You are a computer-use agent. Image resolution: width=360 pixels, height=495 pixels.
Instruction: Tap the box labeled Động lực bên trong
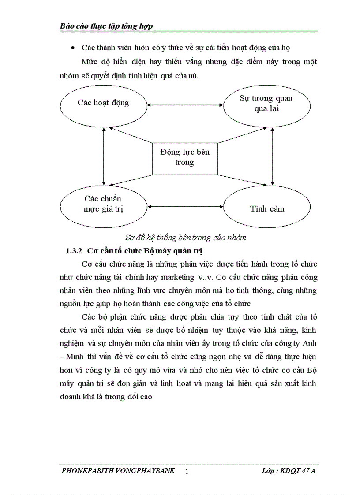(x=185, y=158)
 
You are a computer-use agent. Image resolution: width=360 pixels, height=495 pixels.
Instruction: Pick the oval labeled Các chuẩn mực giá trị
(x=103, y=206)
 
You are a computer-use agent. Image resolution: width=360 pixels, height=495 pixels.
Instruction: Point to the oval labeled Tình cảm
(x=267, y=208)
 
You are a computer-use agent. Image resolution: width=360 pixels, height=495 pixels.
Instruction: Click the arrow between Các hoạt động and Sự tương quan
(x=185, y=105)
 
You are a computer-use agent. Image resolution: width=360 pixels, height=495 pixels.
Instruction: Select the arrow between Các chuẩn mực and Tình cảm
(x=185, y=206)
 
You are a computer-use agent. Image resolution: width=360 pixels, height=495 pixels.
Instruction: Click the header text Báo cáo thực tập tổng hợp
(x=106, y=26)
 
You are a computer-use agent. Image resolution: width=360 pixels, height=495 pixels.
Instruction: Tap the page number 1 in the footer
(x=187, y=472)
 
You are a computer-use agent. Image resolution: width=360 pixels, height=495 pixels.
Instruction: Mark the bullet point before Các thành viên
(x=72, y=48)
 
